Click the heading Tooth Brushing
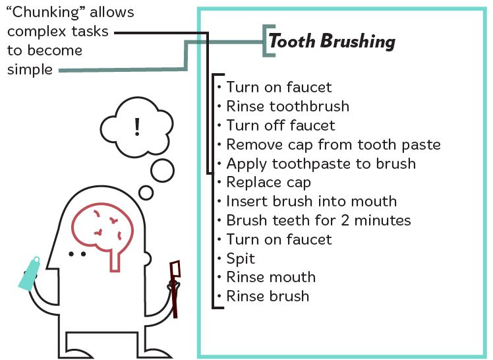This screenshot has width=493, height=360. tap(332, 41)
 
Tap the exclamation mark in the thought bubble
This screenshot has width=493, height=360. tap(137, 127)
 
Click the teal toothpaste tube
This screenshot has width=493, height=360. tap(29, 274)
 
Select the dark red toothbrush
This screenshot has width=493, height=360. tap(175, 289)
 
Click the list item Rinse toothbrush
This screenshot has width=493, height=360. tap(287, 106)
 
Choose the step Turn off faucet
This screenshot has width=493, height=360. tap(281, 125)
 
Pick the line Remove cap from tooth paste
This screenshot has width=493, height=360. tap(333, 144)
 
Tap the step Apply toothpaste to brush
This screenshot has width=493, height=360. tap(321, 164)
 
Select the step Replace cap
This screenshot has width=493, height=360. tap(269, 183)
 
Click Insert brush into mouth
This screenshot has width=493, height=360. tap(311, 201)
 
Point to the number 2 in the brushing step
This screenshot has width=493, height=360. tap(345, 220)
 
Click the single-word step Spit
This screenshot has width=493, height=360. tap(241, 258)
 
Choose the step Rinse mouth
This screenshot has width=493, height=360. tap(271, 278)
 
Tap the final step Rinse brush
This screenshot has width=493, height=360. tap(268, 296)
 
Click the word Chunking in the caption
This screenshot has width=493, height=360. tap(45, 13)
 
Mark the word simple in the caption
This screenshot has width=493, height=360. tap(30, 69)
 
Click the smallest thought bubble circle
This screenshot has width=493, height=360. tap(146, 193)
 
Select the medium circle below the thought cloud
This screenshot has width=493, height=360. tap(162, 170)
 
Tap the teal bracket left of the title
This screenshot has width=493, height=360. tap(265, 41)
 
